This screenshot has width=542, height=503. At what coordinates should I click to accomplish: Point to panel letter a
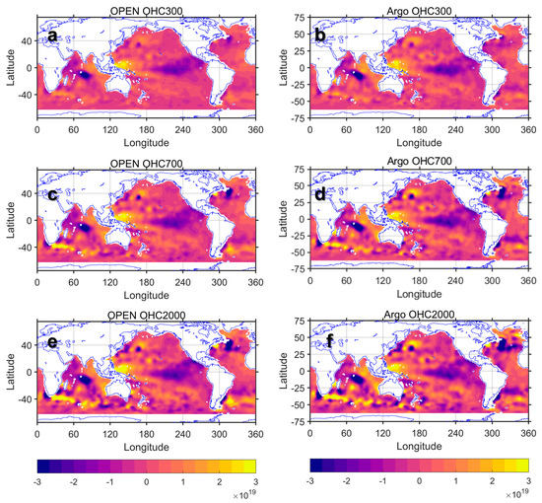pyautogui.click(x=51, y=36)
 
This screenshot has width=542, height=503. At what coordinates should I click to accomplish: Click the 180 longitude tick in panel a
pyautogui.click(x=153, y=128)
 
